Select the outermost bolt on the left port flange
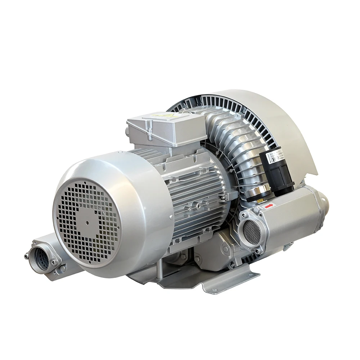(26, 256)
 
